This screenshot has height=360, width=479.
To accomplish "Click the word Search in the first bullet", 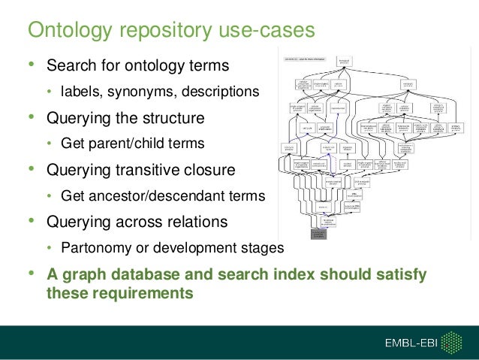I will click(71, 65).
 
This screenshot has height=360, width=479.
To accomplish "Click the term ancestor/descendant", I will click(157, 196).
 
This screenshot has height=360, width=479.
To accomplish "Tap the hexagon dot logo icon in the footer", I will click(450, 343).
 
